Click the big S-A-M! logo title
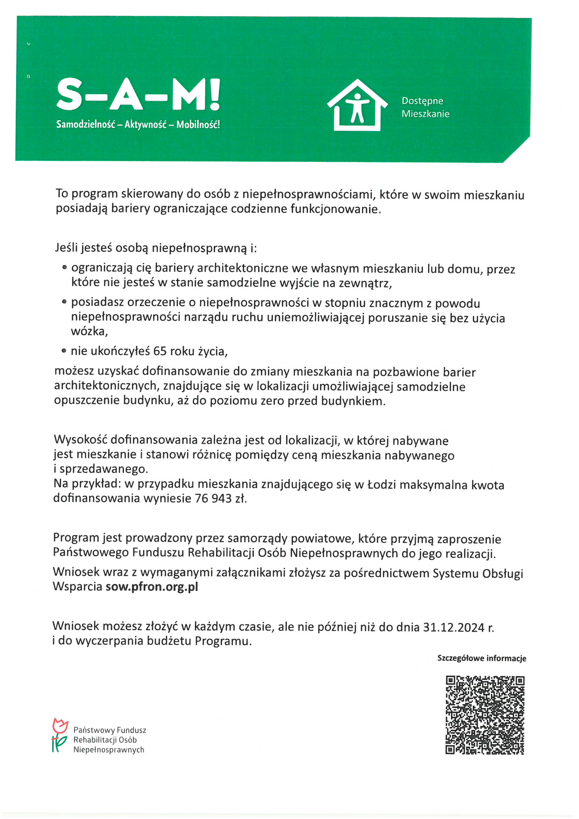(x=138, y=95)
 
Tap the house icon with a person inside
(x=357, y=105)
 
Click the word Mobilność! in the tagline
(x=198, y=124)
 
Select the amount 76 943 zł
(x=221, y=498)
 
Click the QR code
(x=485, y=715)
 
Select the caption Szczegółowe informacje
(x=482, y=658)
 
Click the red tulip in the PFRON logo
(x=60, y=725)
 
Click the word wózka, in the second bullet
(x=89, y=331)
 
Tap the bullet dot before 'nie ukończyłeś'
(x=64, y=351)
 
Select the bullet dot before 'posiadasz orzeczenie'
(x=64, y=302)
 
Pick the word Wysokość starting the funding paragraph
(x=80, y=441)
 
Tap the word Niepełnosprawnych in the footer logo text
(x=109, y=750)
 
